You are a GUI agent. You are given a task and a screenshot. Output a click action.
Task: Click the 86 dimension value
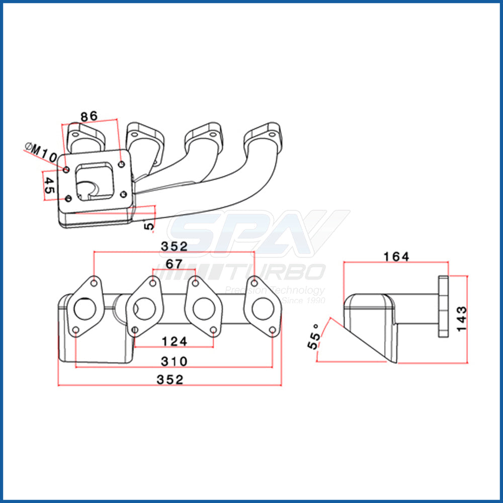click(89, 116)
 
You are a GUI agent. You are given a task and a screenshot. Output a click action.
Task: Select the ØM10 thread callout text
click(41, 152)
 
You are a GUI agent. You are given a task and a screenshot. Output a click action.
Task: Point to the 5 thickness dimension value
click(149, 225)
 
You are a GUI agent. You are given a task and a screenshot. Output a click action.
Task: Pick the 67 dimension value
click(174, 264)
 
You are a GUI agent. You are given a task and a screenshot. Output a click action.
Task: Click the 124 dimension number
click(174, 342)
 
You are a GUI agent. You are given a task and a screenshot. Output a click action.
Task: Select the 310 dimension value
click(174, 361)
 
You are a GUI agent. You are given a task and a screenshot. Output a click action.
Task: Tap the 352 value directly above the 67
click(174, 246)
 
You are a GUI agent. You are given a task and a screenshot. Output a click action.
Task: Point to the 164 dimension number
click(396, 257)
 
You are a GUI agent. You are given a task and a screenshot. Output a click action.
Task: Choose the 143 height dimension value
click(461, 318)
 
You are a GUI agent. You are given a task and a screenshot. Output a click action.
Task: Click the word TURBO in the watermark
click(276, 272)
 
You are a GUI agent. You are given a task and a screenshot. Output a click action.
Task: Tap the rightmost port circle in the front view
click(263, 308)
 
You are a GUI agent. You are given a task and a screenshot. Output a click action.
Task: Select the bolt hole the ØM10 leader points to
click(66, 169)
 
